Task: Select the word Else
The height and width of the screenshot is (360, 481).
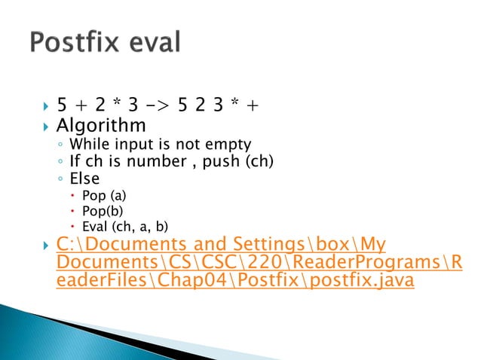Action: tap(84, 178)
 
